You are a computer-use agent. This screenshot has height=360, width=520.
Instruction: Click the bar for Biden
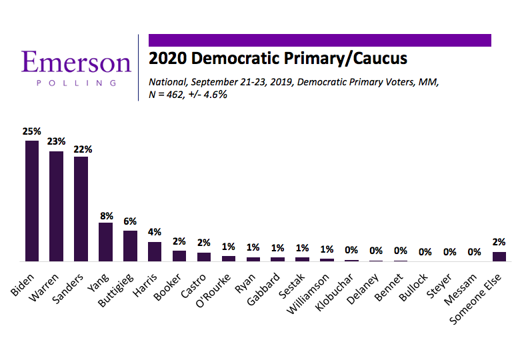coord(32,201)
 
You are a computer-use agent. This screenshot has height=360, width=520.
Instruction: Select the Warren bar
coord(57,206)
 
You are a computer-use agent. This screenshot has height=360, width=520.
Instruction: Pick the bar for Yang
coord(106,241)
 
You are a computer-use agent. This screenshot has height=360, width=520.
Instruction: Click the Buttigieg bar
coord(131,246)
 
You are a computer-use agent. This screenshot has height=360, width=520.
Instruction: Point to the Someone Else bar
coord(499,256)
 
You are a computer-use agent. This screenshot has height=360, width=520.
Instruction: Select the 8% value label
coord(106,215)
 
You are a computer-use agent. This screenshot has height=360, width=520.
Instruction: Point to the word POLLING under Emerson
coord(76,83)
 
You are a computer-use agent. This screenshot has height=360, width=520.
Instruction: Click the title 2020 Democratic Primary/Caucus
coord(277,59)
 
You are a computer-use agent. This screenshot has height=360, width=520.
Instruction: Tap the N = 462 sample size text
coord(189,94)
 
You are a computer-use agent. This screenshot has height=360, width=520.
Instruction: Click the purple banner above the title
coord(319,40)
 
